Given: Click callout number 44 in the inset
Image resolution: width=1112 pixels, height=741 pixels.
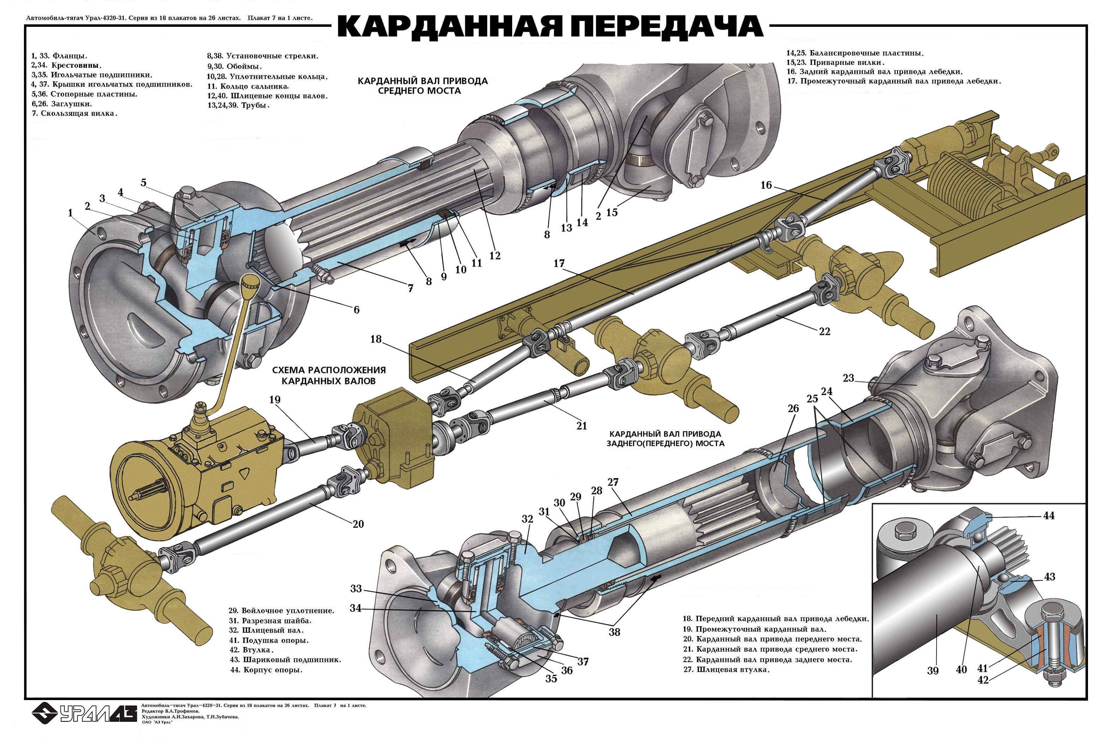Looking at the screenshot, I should [x=1049, y=516].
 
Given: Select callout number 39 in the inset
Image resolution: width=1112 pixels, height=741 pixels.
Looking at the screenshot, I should [x=932, y=670].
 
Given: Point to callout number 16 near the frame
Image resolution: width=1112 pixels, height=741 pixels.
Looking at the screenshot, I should [x=766, y=185].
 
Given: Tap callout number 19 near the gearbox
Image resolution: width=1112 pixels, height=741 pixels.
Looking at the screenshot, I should [x=275, y=400].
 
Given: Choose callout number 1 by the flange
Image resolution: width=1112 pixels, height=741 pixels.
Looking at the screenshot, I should [x=71, y=213].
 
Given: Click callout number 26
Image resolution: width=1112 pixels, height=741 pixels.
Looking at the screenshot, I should [x=793, y=408].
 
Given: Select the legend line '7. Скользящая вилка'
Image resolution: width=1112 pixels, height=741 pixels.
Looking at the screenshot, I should [x=74, y=113].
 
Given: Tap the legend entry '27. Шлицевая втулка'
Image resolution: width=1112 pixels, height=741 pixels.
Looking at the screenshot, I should [x=726, y=669].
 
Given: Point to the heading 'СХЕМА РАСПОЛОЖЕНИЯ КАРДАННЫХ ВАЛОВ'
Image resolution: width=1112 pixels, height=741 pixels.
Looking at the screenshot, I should [x=329, y=375].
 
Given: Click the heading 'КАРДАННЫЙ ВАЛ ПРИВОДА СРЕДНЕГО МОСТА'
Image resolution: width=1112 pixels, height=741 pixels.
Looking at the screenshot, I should [x=422, y=85].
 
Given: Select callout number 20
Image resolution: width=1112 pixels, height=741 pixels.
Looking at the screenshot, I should [x=358, y=524].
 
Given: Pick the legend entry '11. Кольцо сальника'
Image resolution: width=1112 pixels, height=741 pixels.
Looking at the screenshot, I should [x=248, y=86].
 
